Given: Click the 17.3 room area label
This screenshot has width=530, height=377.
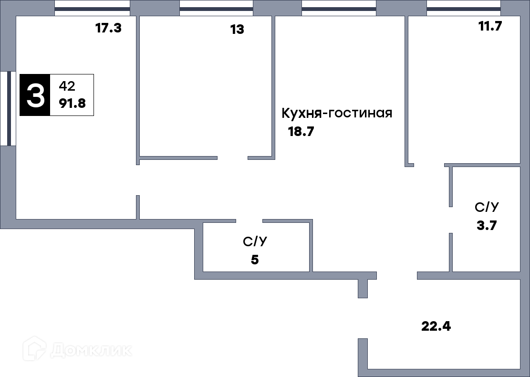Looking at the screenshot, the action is [108, 28].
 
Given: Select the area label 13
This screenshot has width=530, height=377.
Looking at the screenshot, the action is [237, 30].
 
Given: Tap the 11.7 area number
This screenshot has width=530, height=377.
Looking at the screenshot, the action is [490, 26].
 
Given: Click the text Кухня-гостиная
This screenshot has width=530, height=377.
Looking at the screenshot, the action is [337, 113].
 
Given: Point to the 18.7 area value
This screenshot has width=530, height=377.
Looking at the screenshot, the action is [301, 131].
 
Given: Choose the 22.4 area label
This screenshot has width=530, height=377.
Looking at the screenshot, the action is [436, 326].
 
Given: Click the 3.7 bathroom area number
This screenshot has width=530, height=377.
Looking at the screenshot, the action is [487, 225].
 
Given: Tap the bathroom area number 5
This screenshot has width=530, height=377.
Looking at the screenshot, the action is [255, 260].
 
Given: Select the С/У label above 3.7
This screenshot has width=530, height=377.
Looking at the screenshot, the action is [487, 207].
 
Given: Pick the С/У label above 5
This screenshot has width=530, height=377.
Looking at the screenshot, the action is [255, 241].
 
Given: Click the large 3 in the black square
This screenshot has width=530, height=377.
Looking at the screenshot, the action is [35, 95].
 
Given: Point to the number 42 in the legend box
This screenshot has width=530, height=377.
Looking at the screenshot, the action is [67, 86].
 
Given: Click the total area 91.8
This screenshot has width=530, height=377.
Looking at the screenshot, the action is [73, 103].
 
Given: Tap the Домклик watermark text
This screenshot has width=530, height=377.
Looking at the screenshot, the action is [91, 350].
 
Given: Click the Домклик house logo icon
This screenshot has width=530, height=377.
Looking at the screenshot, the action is [34, 348].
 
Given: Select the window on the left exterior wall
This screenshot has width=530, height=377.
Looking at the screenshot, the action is [8, 108].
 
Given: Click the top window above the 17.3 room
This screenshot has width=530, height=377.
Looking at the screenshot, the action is [92, 9].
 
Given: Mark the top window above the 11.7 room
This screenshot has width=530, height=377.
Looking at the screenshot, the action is [464, 9].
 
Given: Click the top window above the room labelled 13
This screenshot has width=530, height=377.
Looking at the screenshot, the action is [216, 9].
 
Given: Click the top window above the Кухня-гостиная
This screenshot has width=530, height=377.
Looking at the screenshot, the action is [339, 9].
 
